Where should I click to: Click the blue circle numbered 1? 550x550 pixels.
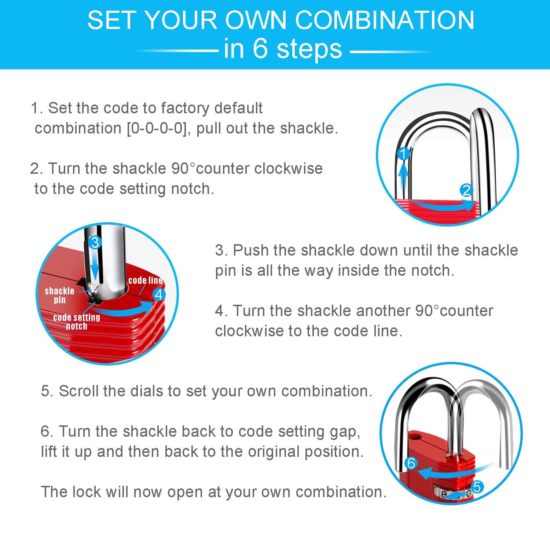pyautogui.click(x=404, y=154)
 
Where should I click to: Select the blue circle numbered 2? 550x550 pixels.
pyautogui.click(x=466, y=190)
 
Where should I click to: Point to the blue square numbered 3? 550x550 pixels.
pyautogui.click(x=95, y=242)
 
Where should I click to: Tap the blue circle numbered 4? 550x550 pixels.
pyautogui.click(x=159, y=294)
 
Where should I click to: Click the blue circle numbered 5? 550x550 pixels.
pyautogui.click(x=477, y=487)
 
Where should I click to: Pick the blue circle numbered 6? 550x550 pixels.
pyautogui.click(x=411, y=463)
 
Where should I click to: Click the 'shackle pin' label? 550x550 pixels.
pyautogui.click(x=59, y=296)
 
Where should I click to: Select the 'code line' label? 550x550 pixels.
pyautogui.click(x=146, y=280)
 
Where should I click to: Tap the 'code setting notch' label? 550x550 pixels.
pyautogui.click(x=77, y=322)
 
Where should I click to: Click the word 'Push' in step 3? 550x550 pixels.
pyautogui.click(x=250, y=250)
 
